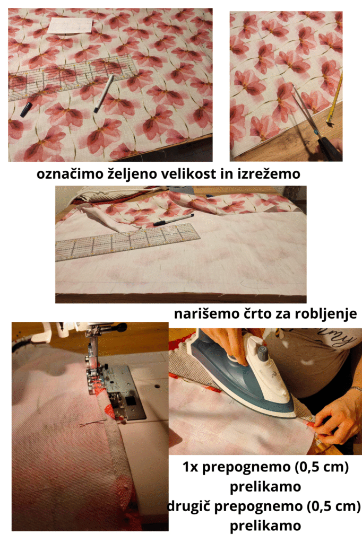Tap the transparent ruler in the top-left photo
point(70,77)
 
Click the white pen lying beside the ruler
point(104,93)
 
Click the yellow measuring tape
point(334,98)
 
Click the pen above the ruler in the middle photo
point(173,220)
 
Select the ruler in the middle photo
point(128,241)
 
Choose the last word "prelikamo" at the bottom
point(265,526)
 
